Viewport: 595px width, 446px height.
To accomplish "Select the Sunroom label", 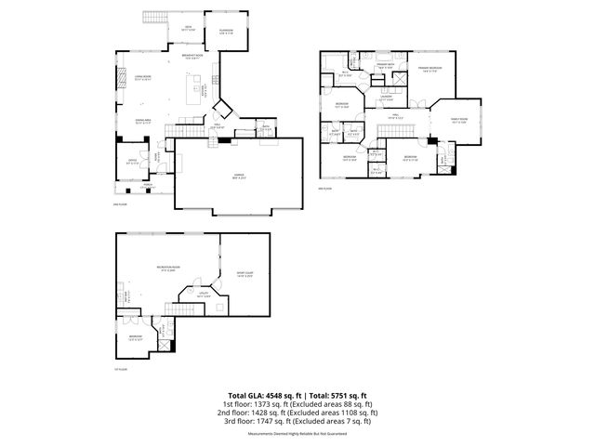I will [x=226, y=32].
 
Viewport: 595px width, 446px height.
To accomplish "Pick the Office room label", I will [x=133, y=160].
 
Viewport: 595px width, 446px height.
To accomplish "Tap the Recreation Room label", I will [x=169, y=269].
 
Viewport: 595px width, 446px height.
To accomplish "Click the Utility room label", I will [x=204, y=293].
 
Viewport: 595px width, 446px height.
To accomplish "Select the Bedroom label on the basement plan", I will [x=135, y=335].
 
